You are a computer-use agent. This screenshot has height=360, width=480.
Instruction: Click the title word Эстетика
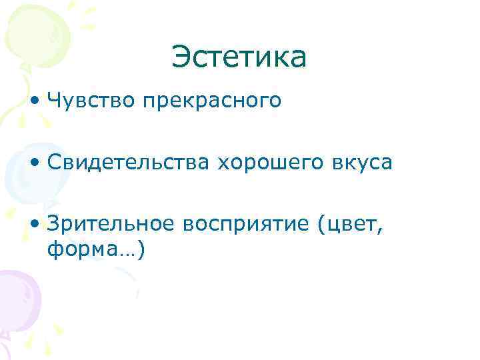point(239,57)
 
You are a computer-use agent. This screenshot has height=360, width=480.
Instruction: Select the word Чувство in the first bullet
point(91,101)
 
